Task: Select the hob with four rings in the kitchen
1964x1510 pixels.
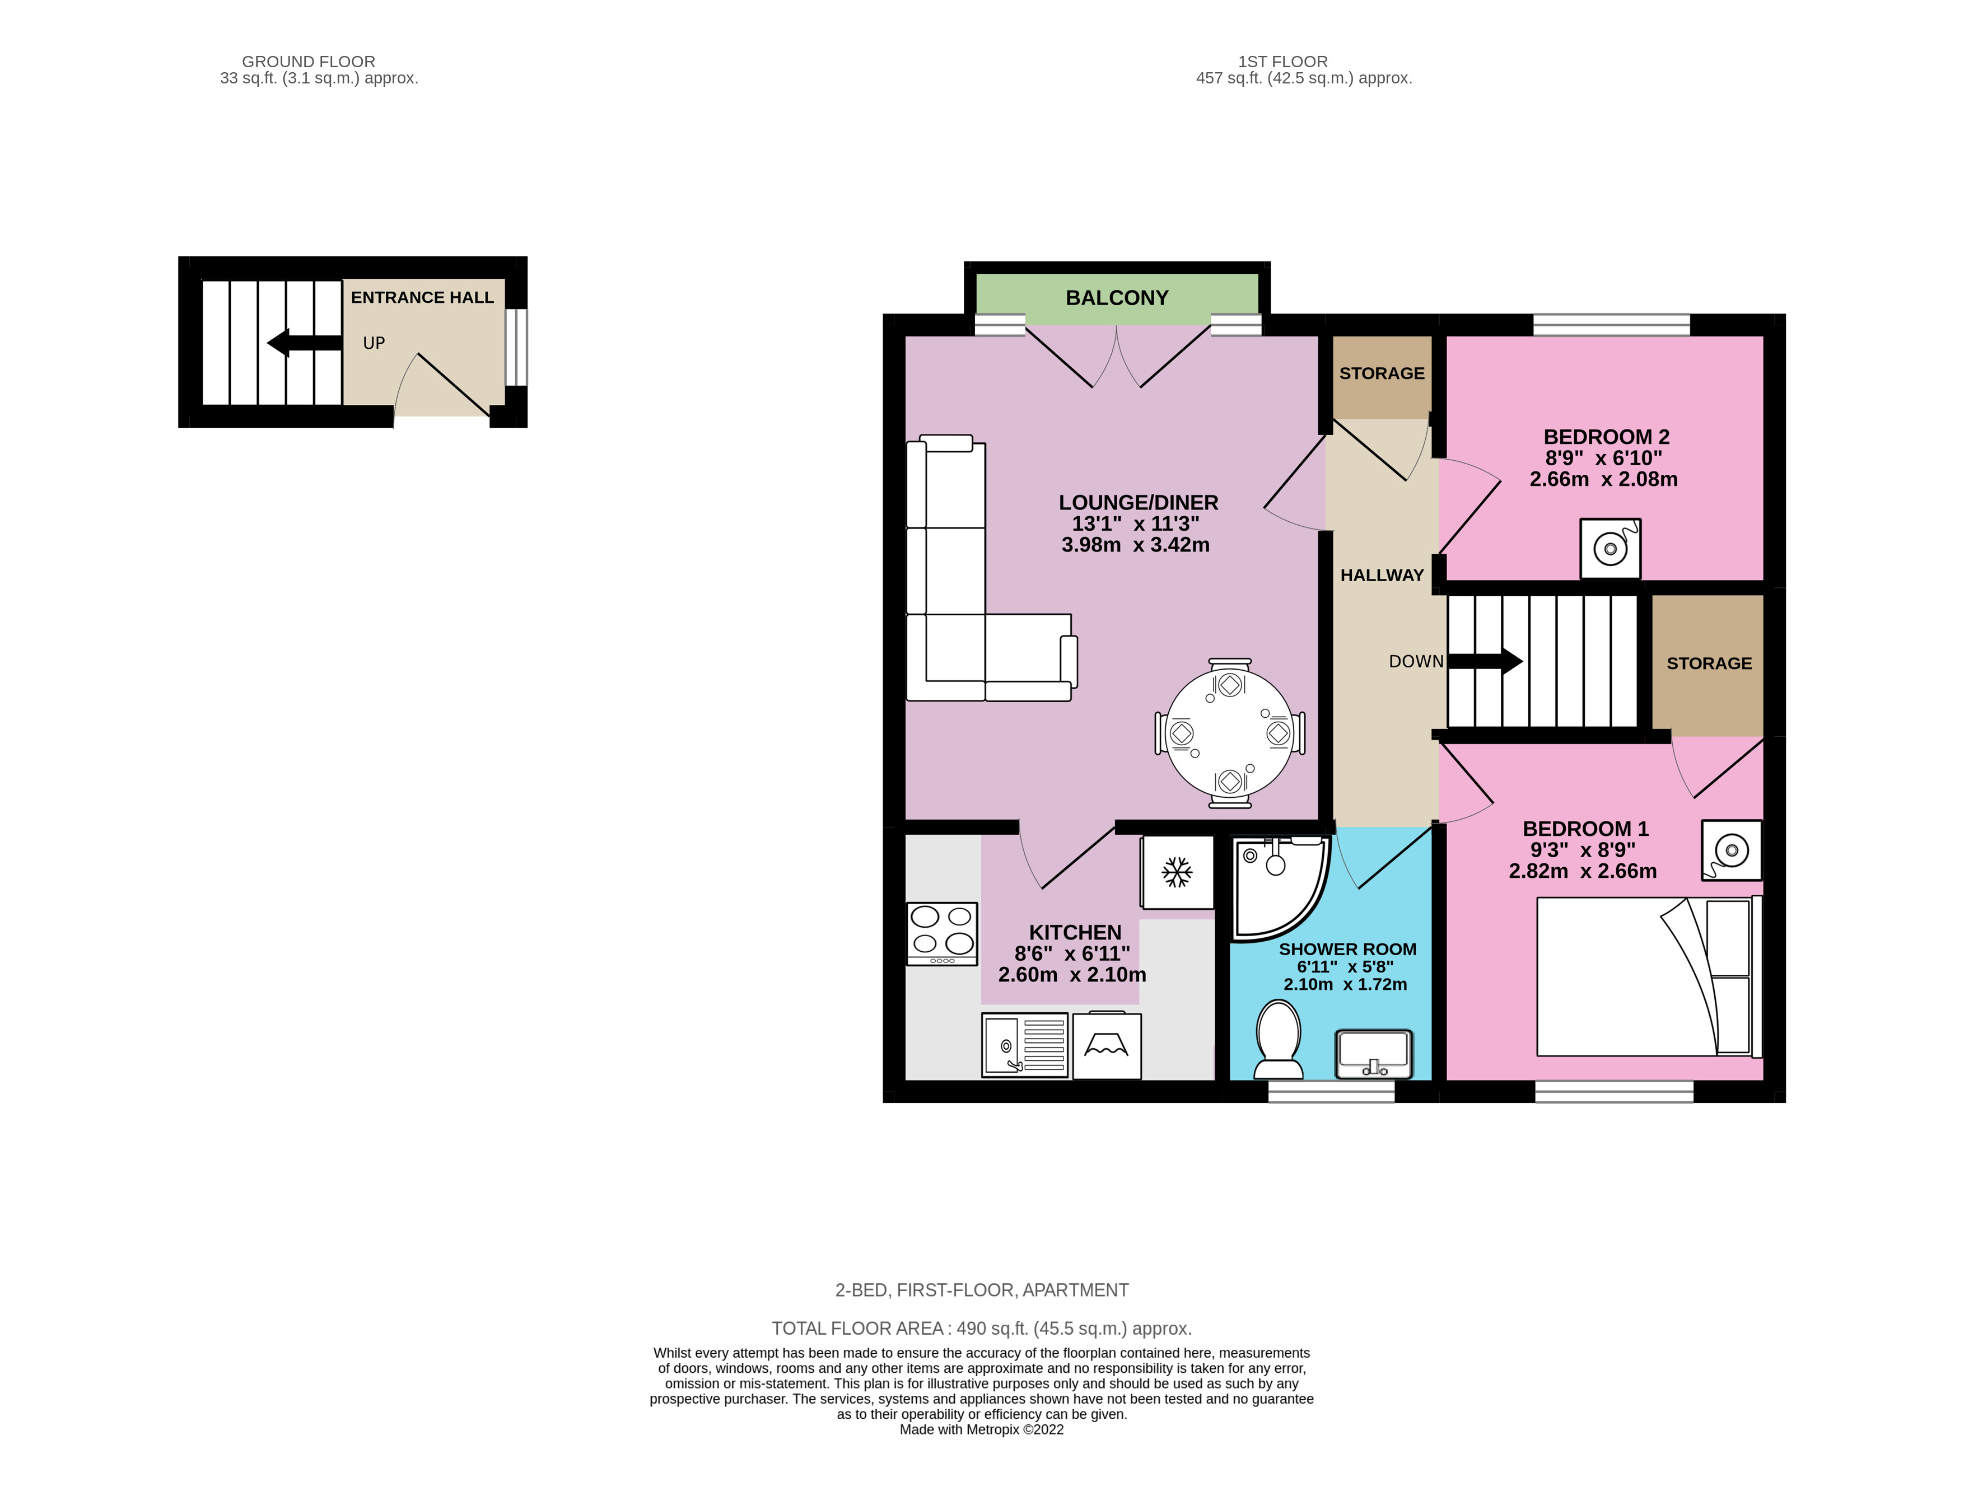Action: pyautogui.click(x=941, y=933)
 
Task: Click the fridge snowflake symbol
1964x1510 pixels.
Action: pyautogui.click(x=1177, y=872)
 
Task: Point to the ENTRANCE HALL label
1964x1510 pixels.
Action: pyautogui.click(x=422, y=297)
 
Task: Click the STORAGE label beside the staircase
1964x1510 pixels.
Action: pyautogui.click(x=1709, y=663)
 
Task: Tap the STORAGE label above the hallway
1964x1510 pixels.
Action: pyautogui.click(x=1382, y=373)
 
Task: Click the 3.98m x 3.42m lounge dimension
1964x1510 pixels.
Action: pyautogui.click(x=1135, y=545)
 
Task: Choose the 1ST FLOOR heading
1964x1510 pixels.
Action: pyautogui.click(x=1282, y=61)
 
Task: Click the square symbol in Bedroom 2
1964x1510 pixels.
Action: pyautogui.click(x=1610, y=548)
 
